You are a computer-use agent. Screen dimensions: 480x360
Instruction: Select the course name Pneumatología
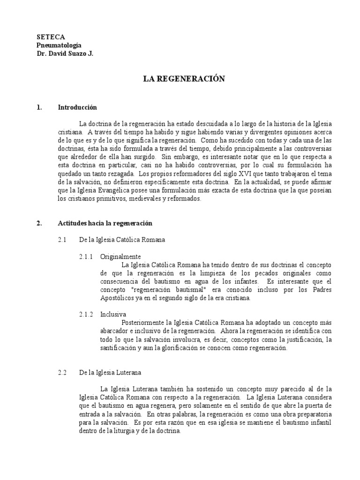[59, 45]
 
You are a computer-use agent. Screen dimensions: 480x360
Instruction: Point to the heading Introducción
[77, 107]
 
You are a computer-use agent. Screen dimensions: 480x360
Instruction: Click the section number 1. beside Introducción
[39, 107]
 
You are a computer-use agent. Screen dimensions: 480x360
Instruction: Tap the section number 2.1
[63, 240]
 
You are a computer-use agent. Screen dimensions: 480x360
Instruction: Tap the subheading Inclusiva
[113, 314]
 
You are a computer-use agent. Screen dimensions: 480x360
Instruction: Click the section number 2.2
[63, 373]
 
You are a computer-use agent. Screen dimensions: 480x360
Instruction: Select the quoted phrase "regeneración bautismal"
[160, 290]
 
